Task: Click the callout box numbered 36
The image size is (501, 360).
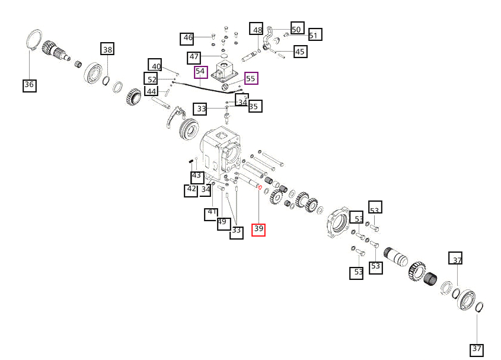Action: click(29, 85)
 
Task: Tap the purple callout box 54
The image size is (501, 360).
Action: click(200, 72)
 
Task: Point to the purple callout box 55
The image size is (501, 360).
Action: click(251, 78)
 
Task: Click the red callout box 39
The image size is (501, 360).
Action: click(259, 229)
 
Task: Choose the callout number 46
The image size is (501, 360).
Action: click(188, 39)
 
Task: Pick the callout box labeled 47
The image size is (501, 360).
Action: click(194, 58)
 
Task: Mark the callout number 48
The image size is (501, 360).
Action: click(257, 30)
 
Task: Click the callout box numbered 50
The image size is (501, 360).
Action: click(296, 28)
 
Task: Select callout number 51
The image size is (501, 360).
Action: click(313, 35)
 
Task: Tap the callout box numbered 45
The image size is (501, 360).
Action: click(300, 52)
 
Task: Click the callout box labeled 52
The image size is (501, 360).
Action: click(152, 79)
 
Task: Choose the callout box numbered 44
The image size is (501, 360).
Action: click(152, 91)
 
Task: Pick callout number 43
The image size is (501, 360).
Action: click(197, 176)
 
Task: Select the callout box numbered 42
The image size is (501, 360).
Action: click(190, 190)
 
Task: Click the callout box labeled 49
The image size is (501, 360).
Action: click(222, 222)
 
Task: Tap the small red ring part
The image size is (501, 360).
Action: click(260, 187)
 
